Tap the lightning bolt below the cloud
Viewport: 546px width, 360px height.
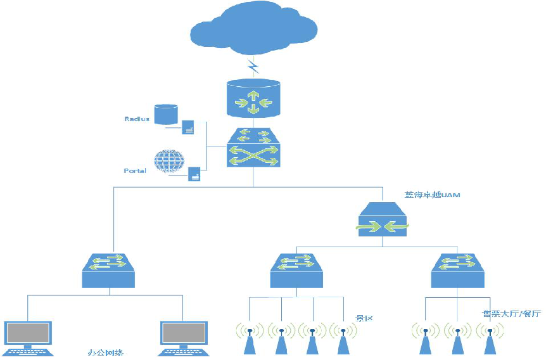click(253, 65)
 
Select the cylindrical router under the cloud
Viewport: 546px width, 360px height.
click(253, 98)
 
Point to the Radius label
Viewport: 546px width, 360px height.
click(137, 119)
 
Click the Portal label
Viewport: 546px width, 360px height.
click(135, 170)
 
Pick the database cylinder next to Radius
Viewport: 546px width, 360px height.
click(165, 114)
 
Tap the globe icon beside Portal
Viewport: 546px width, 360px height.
click(168, 161)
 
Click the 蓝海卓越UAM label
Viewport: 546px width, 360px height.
click(433, 195)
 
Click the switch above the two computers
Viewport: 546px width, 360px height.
click(109, 270)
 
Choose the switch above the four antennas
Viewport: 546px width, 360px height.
click(297, 270)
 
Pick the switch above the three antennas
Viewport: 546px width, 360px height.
click(458, 270)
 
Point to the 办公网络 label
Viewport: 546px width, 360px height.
click(105, 351)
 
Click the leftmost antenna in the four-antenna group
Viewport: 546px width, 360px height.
click(250, 339)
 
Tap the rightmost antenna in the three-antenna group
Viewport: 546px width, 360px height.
click(489, 339)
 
